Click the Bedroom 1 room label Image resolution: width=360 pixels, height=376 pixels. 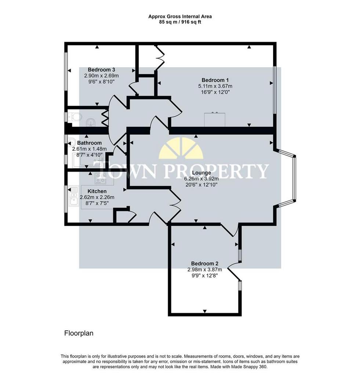tap(215, 80)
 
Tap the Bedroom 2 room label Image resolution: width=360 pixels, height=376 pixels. tap(205, 264)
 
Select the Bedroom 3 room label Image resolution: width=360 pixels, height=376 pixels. tap(101, 70)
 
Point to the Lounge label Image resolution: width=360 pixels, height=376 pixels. tap(201, 173)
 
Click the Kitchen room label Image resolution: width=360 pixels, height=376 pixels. tap(97, 191)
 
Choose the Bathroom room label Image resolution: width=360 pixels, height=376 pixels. tap(90, 143)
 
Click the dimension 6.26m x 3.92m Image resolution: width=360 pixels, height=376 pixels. tap(201, 179)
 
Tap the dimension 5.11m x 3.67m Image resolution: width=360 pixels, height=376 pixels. tap(215, 86)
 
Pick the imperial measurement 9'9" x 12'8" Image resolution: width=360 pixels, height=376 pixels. tap(205, 275)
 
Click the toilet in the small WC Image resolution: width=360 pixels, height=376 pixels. tap(75, 117)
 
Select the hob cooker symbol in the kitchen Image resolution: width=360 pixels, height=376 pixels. tap(101, 178)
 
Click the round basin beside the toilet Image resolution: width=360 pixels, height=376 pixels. tap(91, 122)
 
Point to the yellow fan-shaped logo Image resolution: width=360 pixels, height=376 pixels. tap(181, 148)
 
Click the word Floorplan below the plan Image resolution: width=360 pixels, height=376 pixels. tap(79, 333)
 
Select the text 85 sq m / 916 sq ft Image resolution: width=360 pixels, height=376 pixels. tap(180, 22)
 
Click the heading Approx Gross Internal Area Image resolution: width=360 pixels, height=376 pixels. tap(180, 17)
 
